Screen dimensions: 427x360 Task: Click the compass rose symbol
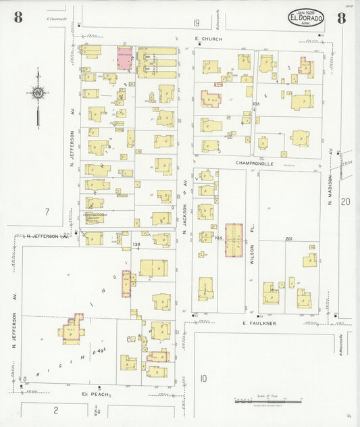click(x=38, y=93)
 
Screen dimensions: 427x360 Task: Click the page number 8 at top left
click(x=17, y=18)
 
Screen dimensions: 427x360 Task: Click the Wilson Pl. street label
click(x=251, y=252)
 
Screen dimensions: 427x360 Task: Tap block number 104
click(x=218, y=239)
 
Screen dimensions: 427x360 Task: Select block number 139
click(x=136, y=244)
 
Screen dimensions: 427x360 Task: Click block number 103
click(x=256, y=104)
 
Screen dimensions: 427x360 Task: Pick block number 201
click(x=288, y=239)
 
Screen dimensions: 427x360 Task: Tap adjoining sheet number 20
click(x=345, y=201)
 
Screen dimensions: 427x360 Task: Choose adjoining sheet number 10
click(x=203, y=378)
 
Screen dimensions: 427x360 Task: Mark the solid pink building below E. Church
click(x=125, y=58)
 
